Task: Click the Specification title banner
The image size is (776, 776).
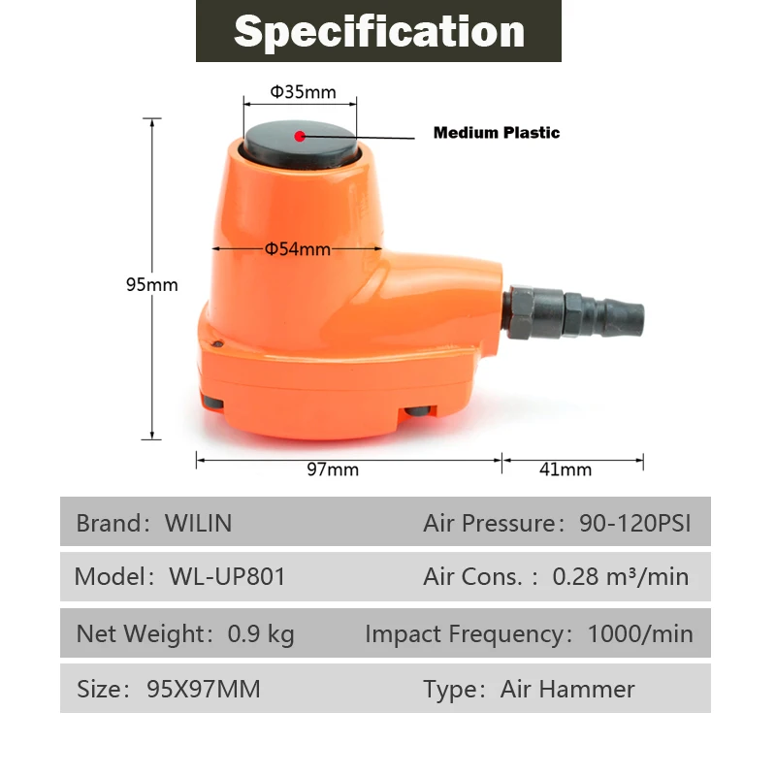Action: [378, 31]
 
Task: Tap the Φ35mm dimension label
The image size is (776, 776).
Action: [302, 92]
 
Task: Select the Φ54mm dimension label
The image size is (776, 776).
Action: [298, 249]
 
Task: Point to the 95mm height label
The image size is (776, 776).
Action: [152, 285]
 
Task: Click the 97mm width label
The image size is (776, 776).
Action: [333, 469]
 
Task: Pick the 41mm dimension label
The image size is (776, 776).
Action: [566, 469]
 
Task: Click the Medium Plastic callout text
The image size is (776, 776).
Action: [496, 133]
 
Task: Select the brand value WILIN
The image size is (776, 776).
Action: [198, 524]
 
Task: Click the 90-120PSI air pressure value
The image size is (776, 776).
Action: [635, 524]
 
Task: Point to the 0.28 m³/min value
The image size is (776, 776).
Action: [621, 576]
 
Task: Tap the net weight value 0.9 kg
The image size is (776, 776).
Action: [261, 634]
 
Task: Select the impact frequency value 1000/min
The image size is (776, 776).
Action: [640, 634]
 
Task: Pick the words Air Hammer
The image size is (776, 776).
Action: [567, 690]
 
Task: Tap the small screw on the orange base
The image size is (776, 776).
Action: [221, 343]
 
